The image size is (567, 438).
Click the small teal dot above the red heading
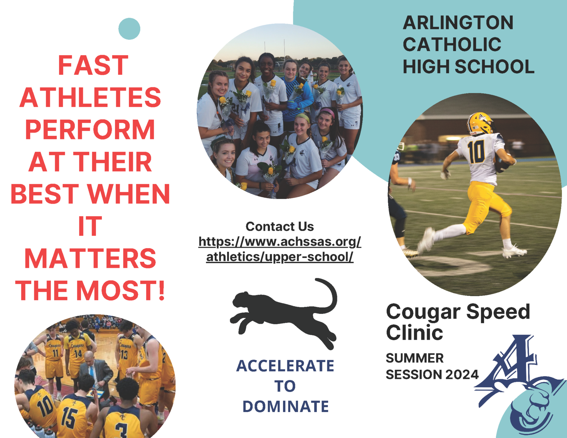[129, 29]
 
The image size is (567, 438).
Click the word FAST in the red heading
[93, 65]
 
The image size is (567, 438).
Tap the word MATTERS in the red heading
[90, 258]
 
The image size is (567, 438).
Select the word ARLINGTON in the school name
[458, 23]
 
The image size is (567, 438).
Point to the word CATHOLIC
[452, 45]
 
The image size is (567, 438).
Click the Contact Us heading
[280, 226]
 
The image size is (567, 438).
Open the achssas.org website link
[280, 249]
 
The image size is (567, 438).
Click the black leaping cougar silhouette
[283, 314]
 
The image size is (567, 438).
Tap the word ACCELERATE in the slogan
[285, 366]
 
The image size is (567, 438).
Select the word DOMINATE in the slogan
[286, 407]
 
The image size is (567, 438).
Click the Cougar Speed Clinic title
[458, 322]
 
